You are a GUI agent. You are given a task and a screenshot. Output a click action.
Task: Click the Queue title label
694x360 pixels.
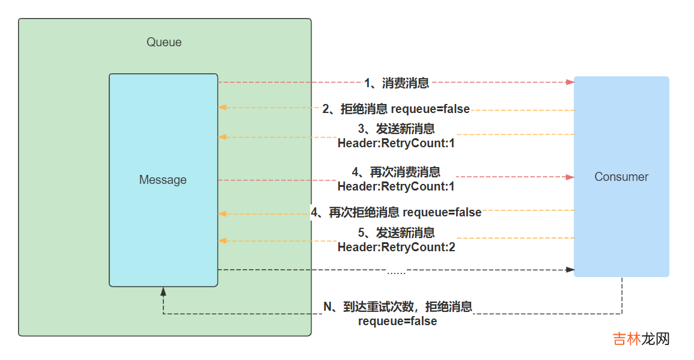click(x=164, y=42)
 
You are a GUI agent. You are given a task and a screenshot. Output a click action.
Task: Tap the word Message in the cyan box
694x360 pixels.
click(x=163, y=180)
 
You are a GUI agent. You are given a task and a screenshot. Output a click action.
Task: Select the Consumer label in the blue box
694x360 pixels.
click(x=621, y=177)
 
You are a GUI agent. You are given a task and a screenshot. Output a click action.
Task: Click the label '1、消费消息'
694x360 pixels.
click(x=397, y=83)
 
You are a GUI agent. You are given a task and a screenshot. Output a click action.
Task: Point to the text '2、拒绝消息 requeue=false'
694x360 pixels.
click(x=396, y=109)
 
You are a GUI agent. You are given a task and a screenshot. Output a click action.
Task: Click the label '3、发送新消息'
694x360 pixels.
click(x=396, y=129)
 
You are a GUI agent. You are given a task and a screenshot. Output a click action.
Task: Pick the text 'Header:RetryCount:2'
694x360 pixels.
click(x=396, y=247)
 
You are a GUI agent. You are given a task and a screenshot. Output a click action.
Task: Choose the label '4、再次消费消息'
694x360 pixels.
click(x=396, y=172)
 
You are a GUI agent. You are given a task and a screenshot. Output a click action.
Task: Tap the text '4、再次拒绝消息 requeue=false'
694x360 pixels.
click(x=396, y=212)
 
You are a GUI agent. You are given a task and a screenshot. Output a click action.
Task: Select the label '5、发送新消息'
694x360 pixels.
click(x=396, y=233)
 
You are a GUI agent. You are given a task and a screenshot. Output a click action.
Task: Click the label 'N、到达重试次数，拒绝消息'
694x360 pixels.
click(x=398, y=307)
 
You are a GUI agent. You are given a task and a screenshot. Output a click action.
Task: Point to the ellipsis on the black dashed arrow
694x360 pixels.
click(x=396, y=272)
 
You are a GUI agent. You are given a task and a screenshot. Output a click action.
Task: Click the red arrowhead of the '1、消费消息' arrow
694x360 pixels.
click(x=570, y=82)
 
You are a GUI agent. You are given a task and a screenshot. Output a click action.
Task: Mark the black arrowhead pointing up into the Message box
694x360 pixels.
click(x=163, y=291)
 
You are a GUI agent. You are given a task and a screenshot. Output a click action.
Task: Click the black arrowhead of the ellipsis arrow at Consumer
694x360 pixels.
click(x=570, y=270)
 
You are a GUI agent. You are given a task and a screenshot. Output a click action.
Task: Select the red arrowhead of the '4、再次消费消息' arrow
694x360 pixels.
click(x=570, y=177)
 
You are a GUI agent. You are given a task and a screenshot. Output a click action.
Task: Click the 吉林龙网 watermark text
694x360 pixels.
click(x=641, y=339)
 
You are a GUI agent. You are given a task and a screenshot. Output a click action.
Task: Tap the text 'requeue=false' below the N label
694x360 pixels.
click(x=397, y=322)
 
